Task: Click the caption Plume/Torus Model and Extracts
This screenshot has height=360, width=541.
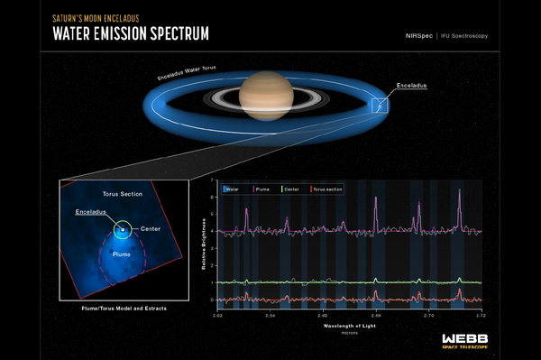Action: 122,308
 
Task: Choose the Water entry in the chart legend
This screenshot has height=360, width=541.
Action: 234,189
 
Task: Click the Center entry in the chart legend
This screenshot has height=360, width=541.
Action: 295,189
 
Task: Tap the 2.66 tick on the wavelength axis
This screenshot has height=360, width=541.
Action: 376,317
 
